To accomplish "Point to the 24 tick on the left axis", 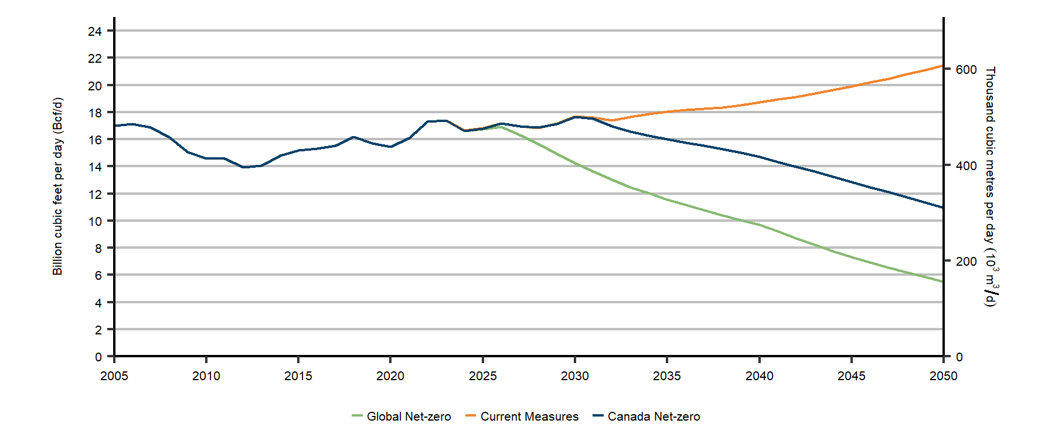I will click(x=95, y=31).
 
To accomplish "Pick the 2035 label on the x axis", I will click(x=667, y=376).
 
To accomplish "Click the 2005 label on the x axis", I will click(x=114, y=376).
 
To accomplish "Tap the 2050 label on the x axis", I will click(x=943, y=376).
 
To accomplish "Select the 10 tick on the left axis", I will click(x=95, y=221).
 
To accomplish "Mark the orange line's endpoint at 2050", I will click(x=943, y=66).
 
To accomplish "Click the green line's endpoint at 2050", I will click(x=943, y=282).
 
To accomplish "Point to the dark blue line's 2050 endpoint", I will click(x=943, y=208).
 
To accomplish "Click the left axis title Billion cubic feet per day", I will click(x=57, y=187).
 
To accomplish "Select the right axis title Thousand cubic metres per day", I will click(x=990, y=187).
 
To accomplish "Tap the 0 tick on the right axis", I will click(x=959, y=357).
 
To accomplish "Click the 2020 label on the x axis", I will click(x=390, y=376).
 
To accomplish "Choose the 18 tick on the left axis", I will click(x=95, y=113).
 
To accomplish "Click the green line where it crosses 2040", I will click(x=760, y=225).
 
